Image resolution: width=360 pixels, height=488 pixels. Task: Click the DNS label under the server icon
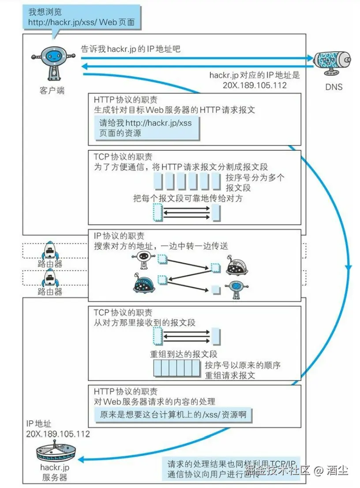click(334, 87)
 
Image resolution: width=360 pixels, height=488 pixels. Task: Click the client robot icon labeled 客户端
click(52, 62)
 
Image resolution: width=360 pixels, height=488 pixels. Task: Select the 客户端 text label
click(52, 91)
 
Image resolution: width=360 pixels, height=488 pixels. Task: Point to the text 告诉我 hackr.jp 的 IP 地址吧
click(131, 49)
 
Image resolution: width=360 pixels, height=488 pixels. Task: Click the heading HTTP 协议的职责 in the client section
click(126, 100)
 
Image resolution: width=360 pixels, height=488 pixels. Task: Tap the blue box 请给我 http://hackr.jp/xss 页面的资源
click(146, 128)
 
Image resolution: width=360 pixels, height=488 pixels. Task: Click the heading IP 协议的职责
click(119, 236)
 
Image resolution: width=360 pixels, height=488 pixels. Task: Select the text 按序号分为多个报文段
click(255, 183)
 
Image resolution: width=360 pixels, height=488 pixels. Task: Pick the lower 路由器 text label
click(50, 291)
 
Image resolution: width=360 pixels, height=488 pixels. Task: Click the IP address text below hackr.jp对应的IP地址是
click(255, 85)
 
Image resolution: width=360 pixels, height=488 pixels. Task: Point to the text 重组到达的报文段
click(184, 354)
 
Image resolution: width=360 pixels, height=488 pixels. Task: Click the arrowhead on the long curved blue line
click(349, 268)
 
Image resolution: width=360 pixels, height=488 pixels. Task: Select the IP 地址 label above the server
click(39, 424)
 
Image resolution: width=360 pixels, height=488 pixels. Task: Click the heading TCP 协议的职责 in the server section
click(123, 313)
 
